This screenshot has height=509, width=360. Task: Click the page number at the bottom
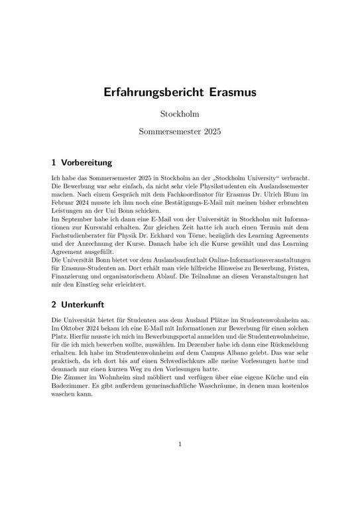pyautogui.click(x=180, y=444)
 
